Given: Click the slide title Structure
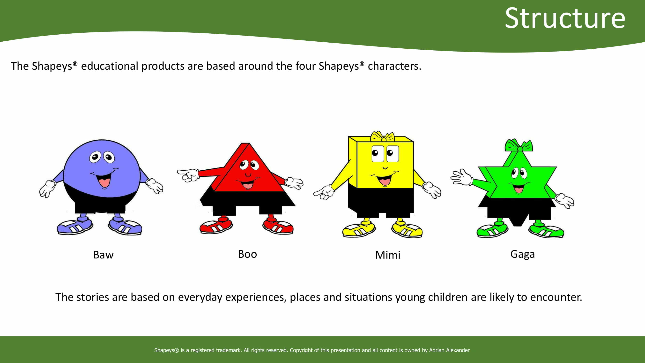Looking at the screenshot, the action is pyautogui.click(x=565, y=18).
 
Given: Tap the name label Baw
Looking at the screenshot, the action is pyautogui.click(x=104, y=255).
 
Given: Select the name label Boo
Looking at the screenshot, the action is pyautogui.click(x=247, y=254).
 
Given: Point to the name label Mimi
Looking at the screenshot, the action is pyautogui.click(x=388, y=255).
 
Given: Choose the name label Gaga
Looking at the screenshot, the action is pyautogui.click(x=523, y=255).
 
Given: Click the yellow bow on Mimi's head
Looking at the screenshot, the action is pyautogui.click(x=382, y=136).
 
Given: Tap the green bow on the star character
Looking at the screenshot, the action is pyautogui.click(x=519, y=145).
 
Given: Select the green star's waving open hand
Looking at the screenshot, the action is pyautogui.click(x=461, y=177).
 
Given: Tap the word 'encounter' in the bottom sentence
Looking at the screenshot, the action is pyautogui.click(x=556, y=297).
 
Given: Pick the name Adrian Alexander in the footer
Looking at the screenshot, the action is pyautogui.click(x=449, y=350).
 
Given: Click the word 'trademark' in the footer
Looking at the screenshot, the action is pyautogui.click(x=228, y=350).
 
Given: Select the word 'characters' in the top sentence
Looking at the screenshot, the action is pyautogui.click(x=395, y=66).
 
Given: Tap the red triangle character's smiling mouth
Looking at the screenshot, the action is pyautogui.click(x=247, y=184).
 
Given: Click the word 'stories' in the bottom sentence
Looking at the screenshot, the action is pyautogui.click(x=93, y=297).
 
